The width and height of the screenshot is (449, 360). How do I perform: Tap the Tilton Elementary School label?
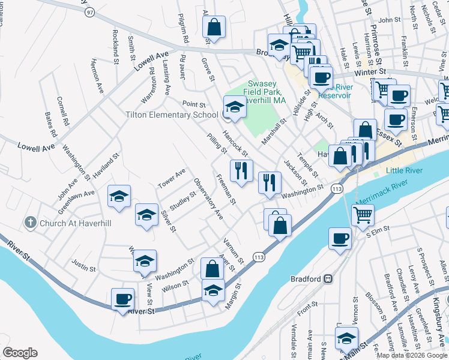(172, 115)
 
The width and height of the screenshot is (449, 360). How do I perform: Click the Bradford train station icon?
(328, 279)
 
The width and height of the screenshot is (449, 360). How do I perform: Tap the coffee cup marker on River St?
(123, 299)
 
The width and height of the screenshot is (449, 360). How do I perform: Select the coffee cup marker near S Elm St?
(340, 238)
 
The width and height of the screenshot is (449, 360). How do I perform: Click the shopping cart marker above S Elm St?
(363, 214)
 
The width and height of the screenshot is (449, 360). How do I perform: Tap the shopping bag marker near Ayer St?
(212, 268)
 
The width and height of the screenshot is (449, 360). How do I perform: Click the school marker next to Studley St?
(146, 215)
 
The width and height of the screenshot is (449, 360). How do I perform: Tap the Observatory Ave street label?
(208, 198)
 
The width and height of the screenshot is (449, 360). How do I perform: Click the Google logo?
(20, 353)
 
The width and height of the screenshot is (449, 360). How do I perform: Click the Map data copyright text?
(411, 355)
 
